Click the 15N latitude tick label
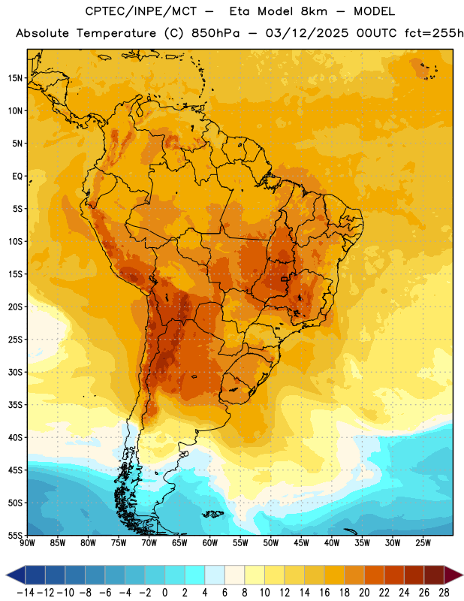[15, 78]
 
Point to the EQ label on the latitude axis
[17, 177]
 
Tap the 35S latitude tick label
[15, 405]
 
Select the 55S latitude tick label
[15, 535]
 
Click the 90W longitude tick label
[28, 543]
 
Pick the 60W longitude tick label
[210, 543]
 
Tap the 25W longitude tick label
[423, 543]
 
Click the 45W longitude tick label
[301, 543]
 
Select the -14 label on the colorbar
[26, 593]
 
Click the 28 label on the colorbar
[444, 593]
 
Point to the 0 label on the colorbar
[164, 593]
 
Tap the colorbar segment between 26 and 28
[434, 575]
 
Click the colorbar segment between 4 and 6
[215, 575]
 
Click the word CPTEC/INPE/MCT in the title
[140, 11]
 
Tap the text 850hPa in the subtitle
[215, 33]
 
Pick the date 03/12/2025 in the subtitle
[307, 33]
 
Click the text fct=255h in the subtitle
[434, 33]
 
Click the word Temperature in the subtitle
[116, 33]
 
